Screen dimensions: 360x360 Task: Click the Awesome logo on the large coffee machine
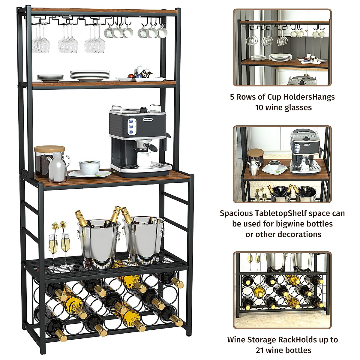148,119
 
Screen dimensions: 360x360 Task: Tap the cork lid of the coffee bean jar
49,149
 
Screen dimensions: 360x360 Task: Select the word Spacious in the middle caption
237,213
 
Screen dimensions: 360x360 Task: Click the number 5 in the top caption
232,97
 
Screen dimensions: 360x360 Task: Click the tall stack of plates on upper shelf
90,75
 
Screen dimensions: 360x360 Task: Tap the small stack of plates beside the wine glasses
50,78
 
